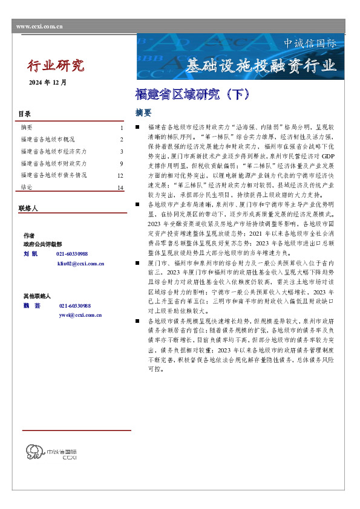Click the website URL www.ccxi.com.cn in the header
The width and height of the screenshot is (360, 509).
[x=39, y=27]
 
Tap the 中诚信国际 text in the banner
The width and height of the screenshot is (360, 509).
[x=310, y=44]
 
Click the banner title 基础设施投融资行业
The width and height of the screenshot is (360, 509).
[x=260, y=65]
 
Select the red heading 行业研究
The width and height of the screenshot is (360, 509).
[x=57, y=65]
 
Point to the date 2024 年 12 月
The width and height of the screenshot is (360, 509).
[x=48, y=82]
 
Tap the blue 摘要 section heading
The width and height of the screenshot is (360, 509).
[x=143, y=113]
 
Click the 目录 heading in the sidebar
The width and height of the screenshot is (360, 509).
[x=24, y=114]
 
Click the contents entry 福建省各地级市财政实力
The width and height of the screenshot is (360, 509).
[x=53, y=163]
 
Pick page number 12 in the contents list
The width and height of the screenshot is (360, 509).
[x=120, y=176]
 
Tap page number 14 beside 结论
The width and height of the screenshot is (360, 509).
[x=120, y=188]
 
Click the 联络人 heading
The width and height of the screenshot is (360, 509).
[x=28, y=209]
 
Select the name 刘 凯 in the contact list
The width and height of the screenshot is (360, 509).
[x=31, y=254]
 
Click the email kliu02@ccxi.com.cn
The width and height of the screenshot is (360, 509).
[x=80, y=264]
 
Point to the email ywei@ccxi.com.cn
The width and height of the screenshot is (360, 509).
[x=80, y=315]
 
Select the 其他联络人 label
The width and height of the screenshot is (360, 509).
[x=37, y=296]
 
